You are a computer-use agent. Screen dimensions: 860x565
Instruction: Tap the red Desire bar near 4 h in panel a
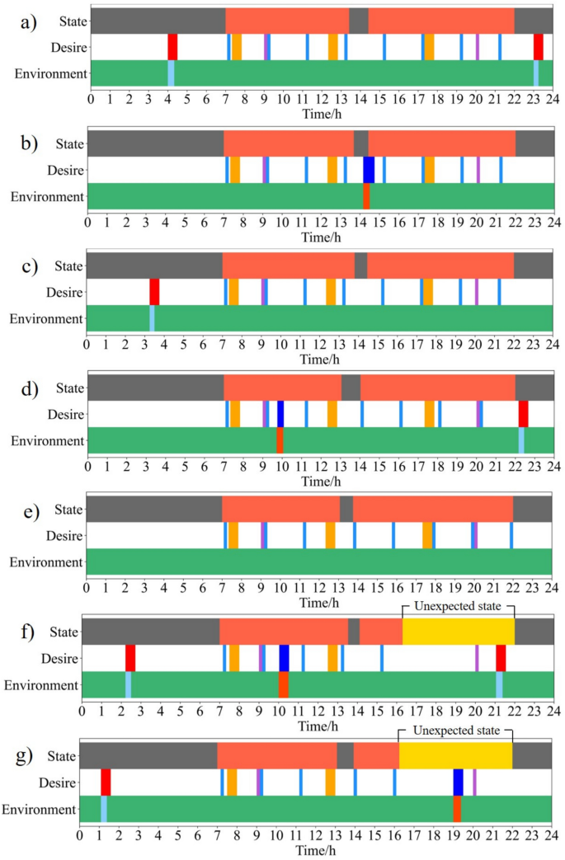coord(172,47)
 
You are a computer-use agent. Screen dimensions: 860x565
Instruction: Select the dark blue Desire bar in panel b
coord(369,169)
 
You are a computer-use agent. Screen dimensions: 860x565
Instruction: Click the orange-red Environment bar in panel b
coord(366,195)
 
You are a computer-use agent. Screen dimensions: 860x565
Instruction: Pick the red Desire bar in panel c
coord(154,292)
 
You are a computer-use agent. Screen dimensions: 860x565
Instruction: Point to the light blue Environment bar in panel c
coord(152,318)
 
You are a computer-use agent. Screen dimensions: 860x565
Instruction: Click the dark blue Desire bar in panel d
coord(280,413)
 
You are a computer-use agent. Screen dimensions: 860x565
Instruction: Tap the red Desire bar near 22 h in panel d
coord(523,413)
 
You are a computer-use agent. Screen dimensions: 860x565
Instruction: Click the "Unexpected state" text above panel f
coord(458,609)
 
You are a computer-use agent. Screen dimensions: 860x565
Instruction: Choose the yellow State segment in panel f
coord(458,632)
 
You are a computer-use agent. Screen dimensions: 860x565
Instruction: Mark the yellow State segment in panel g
coord(455,755)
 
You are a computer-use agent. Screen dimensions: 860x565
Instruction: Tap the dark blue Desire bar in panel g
coord(458,782)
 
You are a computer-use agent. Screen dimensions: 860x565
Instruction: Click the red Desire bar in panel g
coord(106,782)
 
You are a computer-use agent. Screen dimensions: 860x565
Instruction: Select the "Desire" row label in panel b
coord(66,170)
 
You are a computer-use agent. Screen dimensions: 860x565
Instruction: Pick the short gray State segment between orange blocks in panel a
coord(358,21)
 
